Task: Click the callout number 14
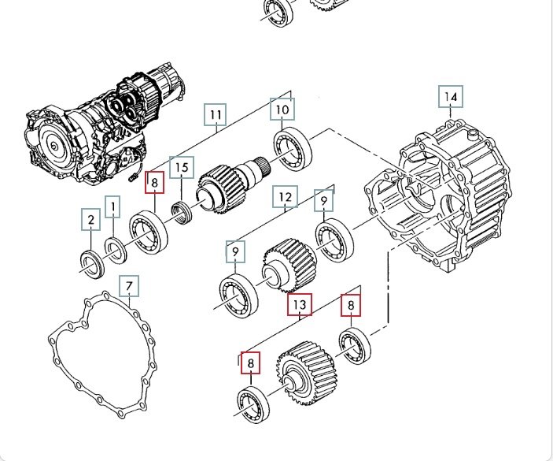pos(451,97)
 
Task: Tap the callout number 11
pos(216,114)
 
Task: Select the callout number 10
pos(282,109)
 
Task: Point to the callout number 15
pos(182,167)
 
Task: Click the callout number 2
pos(91,219)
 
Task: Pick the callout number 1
pos(113,207)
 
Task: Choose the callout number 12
pos(285,197)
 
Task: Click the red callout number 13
pos(300,304)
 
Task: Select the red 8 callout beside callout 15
pos(155,184)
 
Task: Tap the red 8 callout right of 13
pos(351,304)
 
